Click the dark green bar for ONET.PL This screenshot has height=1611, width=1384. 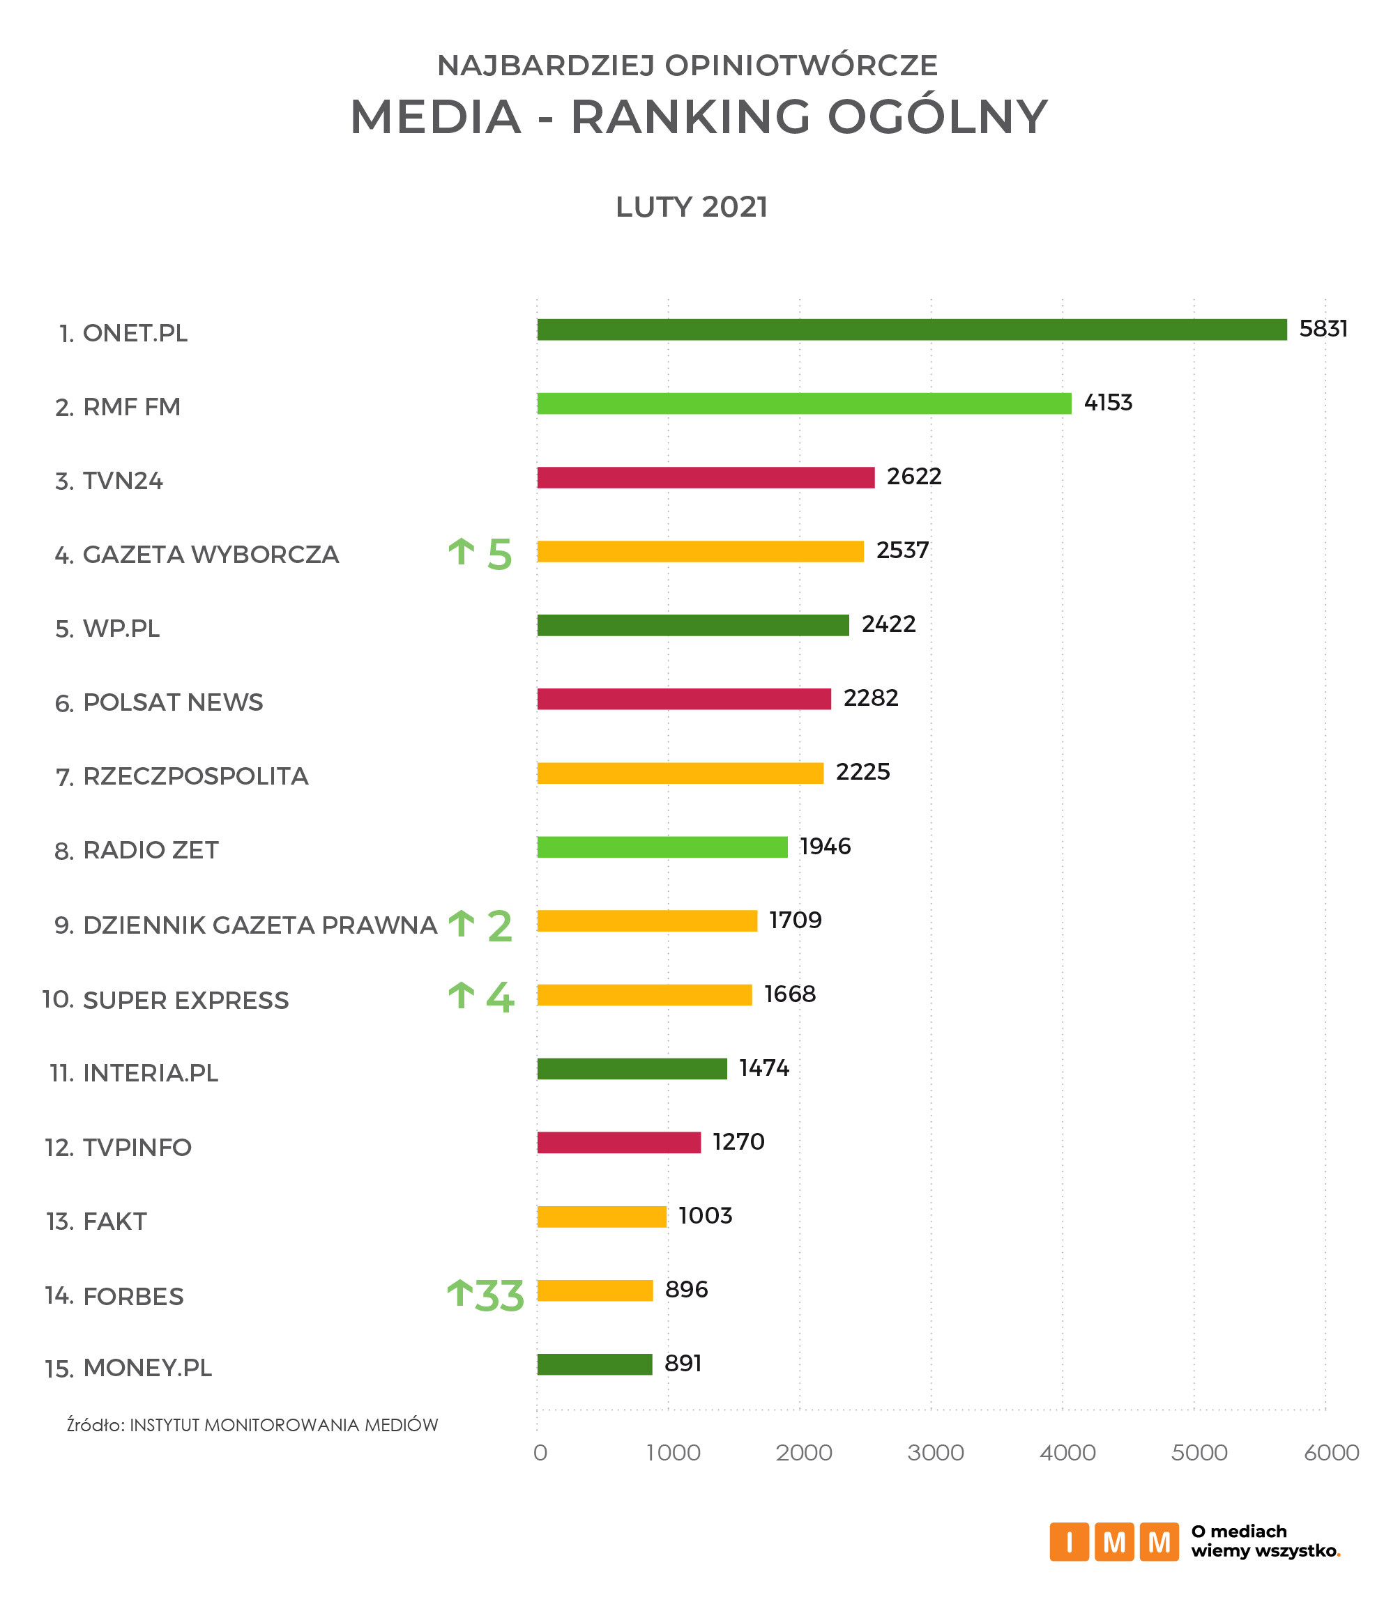(x=911, y=330)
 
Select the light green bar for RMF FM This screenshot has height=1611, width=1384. (x=804, y=403)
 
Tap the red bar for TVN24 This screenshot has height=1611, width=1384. (x=705, y=477)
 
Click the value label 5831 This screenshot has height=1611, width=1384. (x=1323, y=329)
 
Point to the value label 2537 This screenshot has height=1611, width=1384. (x=902, y=550)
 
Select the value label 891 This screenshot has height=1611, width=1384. (x=683, y=1364)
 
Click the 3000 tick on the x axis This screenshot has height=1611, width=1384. (x=935, y=1452)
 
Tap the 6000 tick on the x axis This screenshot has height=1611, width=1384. (x=1331, y=1452)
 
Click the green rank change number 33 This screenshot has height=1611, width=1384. (x=499, y=1296)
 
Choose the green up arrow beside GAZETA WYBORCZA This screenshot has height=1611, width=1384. (x=462, y=552)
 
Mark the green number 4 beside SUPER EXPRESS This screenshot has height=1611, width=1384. (x=499, y=999)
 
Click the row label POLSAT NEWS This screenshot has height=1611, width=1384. (x=173, y=703)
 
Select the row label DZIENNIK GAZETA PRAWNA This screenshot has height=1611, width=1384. (x=260, y=925)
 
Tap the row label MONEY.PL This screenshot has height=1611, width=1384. (x=147, y=1368)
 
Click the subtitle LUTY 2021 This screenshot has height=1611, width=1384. (x=691, y=208)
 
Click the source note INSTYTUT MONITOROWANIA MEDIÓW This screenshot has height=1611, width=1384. (x=283, y=1425)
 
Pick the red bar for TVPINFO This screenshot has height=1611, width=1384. (x=618, y=1142)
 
